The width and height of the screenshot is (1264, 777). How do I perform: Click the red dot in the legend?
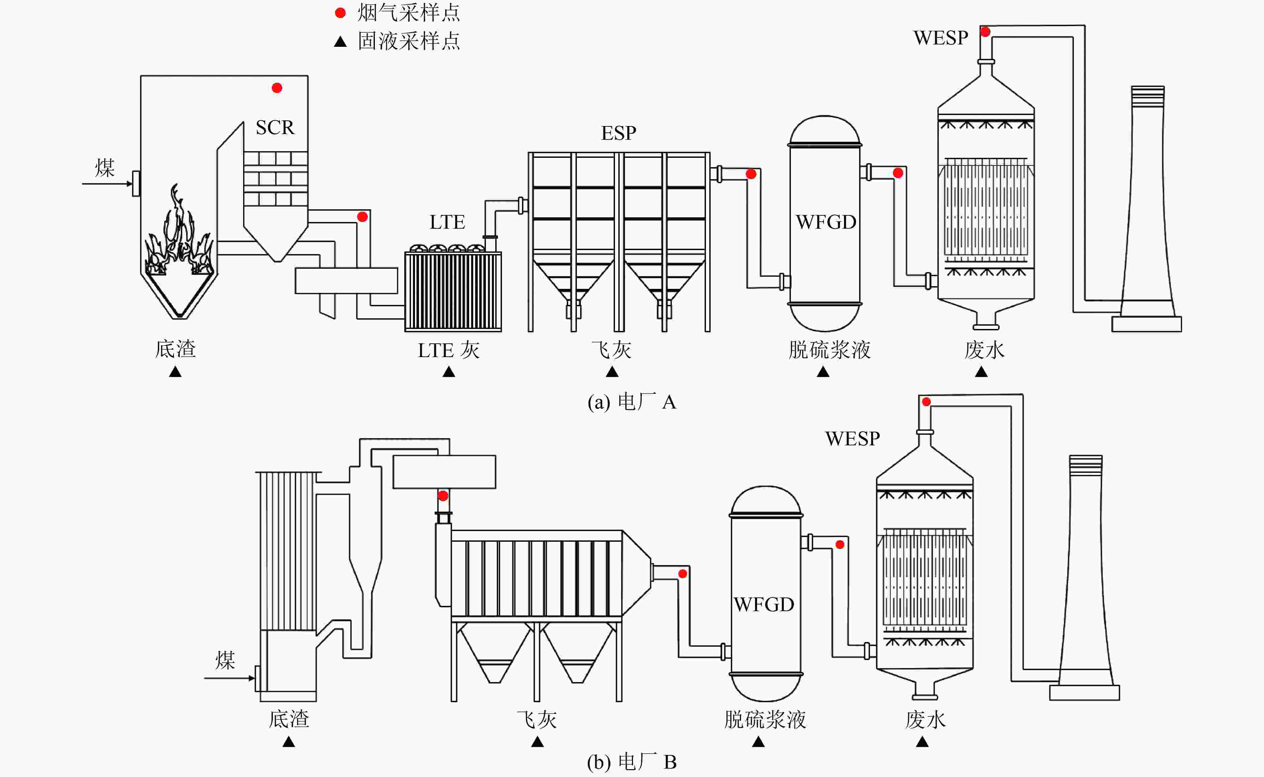[x=340, y=13]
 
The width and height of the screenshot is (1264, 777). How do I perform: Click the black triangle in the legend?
[x=340, y=41]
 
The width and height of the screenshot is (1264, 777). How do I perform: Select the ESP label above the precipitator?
[x=619, y=133]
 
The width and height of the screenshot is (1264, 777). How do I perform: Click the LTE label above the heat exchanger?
[x=447, y=222]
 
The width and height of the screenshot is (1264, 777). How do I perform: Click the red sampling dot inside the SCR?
[x=277, y=88]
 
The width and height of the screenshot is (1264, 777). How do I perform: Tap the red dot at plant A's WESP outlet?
[x=985, y=32]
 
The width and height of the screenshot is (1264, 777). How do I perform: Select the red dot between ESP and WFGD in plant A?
[x=751, y=174]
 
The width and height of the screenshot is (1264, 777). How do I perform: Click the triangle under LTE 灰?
[x=448, y=371]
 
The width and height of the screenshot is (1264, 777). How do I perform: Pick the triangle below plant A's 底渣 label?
[x=175, y=371]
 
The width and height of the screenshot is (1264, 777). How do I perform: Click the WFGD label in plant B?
[x=764, y=604]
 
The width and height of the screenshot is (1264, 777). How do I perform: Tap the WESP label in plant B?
[x=852, y=438]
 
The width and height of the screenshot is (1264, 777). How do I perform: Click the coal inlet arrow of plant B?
[x=229, y=678]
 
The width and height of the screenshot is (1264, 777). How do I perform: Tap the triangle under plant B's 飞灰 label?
[x=537, y=742]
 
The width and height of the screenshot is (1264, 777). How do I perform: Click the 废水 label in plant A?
[x=984, y=350]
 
